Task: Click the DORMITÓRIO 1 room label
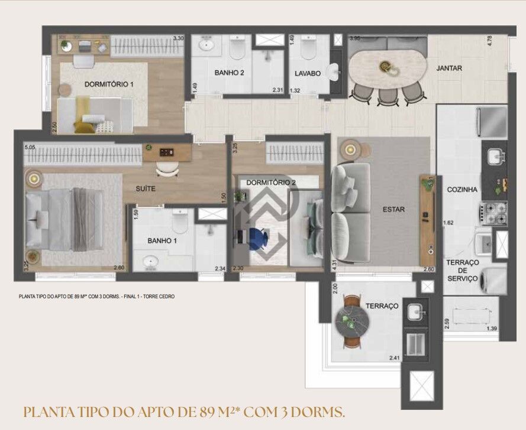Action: pos(109,84)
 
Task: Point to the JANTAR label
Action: pos(449,68)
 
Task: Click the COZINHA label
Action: pos(462,190)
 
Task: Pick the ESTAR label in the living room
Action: pos(394,209)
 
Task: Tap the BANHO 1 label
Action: pos(162,240)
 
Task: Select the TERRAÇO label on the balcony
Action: pos(382,306)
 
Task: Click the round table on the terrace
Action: pos(353,324)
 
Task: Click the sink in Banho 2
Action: pos(207,45)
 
